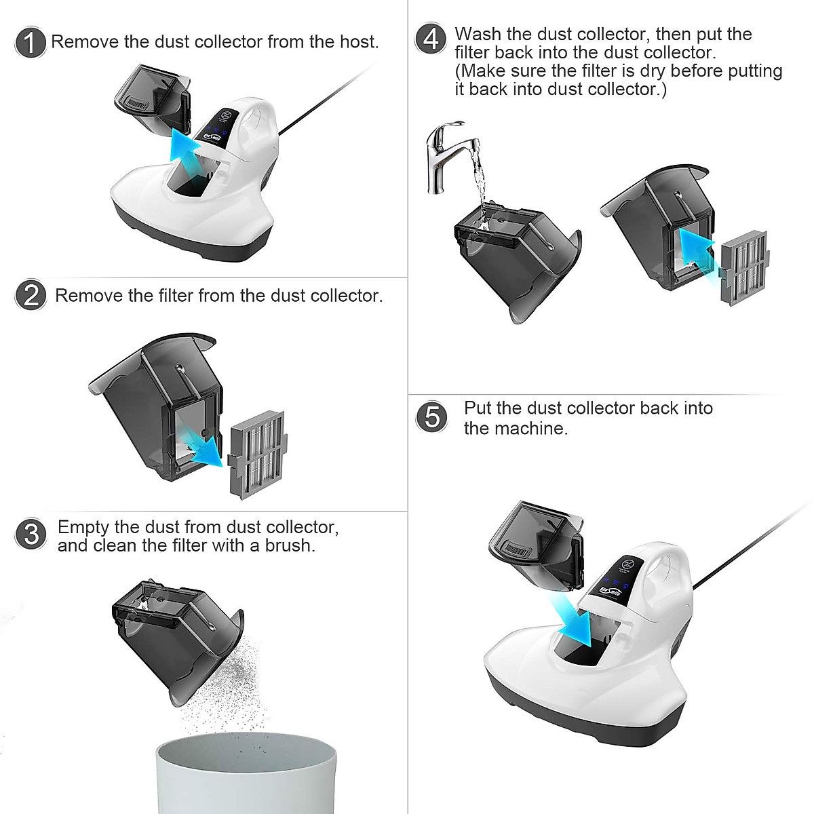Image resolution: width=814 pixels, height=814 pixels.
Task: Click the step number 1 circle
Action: click(30, 42)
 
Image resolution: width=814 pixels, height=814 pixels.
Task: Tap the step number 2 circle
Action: click(31, 295)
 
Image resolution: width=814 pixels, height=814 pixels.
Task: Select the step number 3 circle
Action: click(31, 534)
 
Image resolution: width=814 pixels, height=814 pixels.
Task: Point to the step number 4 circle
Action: click(430, 39)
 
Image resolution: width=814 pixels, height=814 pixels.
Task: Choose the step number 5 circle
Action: click(431, 417)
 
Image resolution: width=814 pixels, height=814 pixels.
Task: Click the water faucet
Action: click(448, 156)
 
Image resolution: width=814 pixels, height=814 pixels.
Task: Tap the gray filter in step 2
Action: click(257, 455)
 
